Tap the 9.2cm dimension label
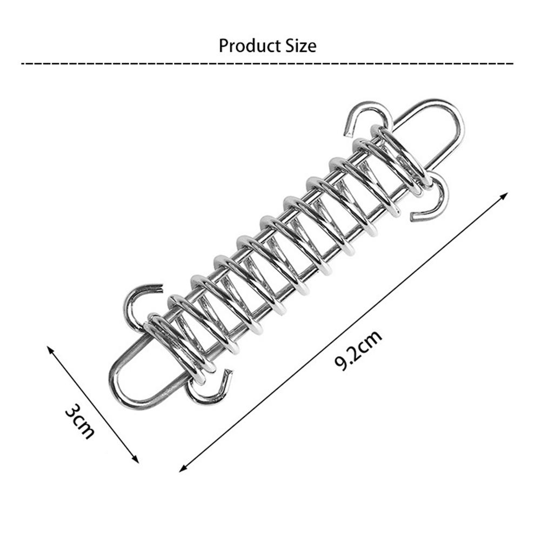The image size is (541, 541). coord(358,350)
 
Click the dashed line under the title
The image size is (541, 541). coord(268,64)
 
